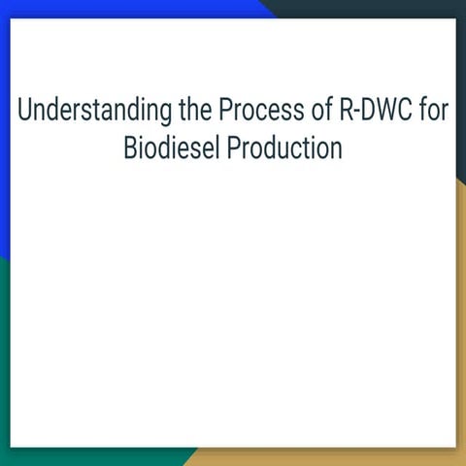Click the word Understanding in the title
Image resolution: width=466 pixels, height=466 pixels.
point(92,111)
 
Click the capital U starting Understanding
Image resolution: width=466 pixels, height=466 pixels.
point(23,111)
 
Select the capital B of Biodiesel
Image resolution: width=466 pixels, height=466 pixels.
point(129,150)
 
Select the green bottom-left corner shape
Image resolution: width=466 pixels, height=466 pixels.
point(4,388)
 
